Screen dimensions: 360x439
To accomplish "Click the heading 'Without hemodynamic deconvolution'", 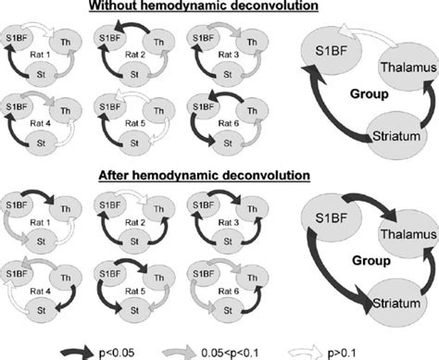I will click(219, 8).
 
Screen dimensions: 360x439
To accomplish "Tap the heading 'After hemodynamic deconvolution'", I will click(219, 175).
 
